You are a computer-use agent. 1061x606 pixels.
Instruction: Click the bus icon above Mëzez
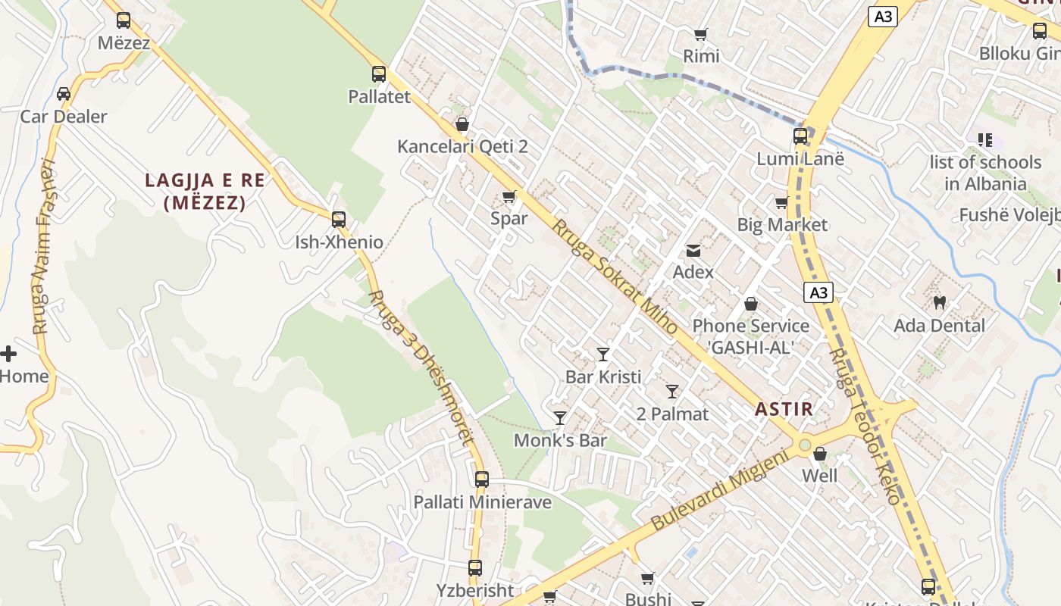click(x=123, y=20)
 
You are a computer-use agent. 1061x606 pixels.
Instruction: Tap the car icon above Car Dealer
click(x=64, y=94)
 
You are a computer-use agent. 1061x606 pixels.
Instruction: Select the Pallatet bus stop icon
click(x=379, y=74)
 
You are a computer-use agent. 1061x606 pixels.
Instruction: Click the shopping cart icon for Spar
click(x=509, y=197)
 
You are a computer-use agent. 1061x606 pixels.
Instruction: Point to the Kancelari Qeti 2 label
click(x=462, y=146)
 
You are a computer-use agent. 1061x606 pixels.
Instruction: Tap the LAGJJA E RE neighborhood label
click(x=205, y=191)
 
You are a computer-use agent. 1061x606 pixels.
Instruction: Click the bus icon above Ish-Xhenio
click(x=339, y=220)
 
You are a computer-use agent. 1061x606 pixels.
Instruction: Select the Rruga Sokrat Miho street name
click(x=615, y=276)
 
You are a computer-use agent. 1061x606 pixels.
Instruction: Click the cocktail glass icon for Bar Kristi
click(x=603, y=354)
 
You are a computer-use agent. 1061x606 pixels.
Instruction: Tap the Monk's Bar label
click(x=560, y=440)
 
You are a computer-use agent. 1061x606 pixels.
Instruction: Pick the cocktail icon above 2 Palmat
click(x=672, y=391)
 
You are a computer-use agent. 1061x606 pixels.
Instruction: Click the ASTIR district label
click(x=784, y=409)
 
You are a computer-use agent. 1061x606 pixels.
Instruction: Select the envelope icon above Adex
click(x=693, y=250)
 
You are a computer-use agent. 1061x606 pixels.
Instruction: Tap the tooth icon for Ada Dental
click(x=940, y=303)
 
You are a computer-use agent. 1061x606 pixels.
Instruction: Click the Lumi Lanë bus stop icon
click(x=800, y=136)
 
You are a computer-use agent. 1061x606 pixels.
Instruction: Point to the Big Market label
click(x=782, y=225)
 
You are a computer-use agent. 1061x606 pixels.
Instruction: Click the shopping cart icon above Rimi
click(x=701, y=34)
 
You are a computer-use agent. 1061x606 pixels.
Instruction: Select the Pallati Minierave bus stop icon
click(x=482, y=479)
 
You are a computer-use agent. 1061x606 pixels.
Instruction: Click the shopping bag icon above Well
click(x=820, y=454)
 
